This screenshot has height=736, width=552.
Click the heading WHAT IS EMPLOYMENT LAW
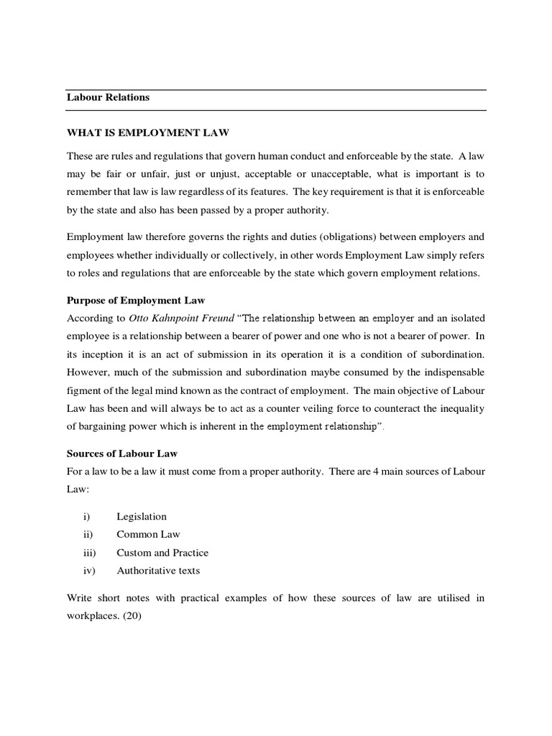coord(148,132)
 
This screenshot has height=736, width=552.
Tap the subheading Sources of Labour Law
coord(121,454)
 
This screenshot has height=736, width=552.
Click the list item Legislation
coord(142,516)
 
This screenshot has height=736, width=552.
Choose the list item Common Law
coord(149,534)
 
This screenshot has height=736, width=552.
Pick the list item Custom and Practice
coord(162,553)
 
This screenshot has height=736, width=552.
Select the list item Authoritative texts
coord(158,571)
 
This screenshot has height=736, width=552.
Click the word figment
coord(84,390)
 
